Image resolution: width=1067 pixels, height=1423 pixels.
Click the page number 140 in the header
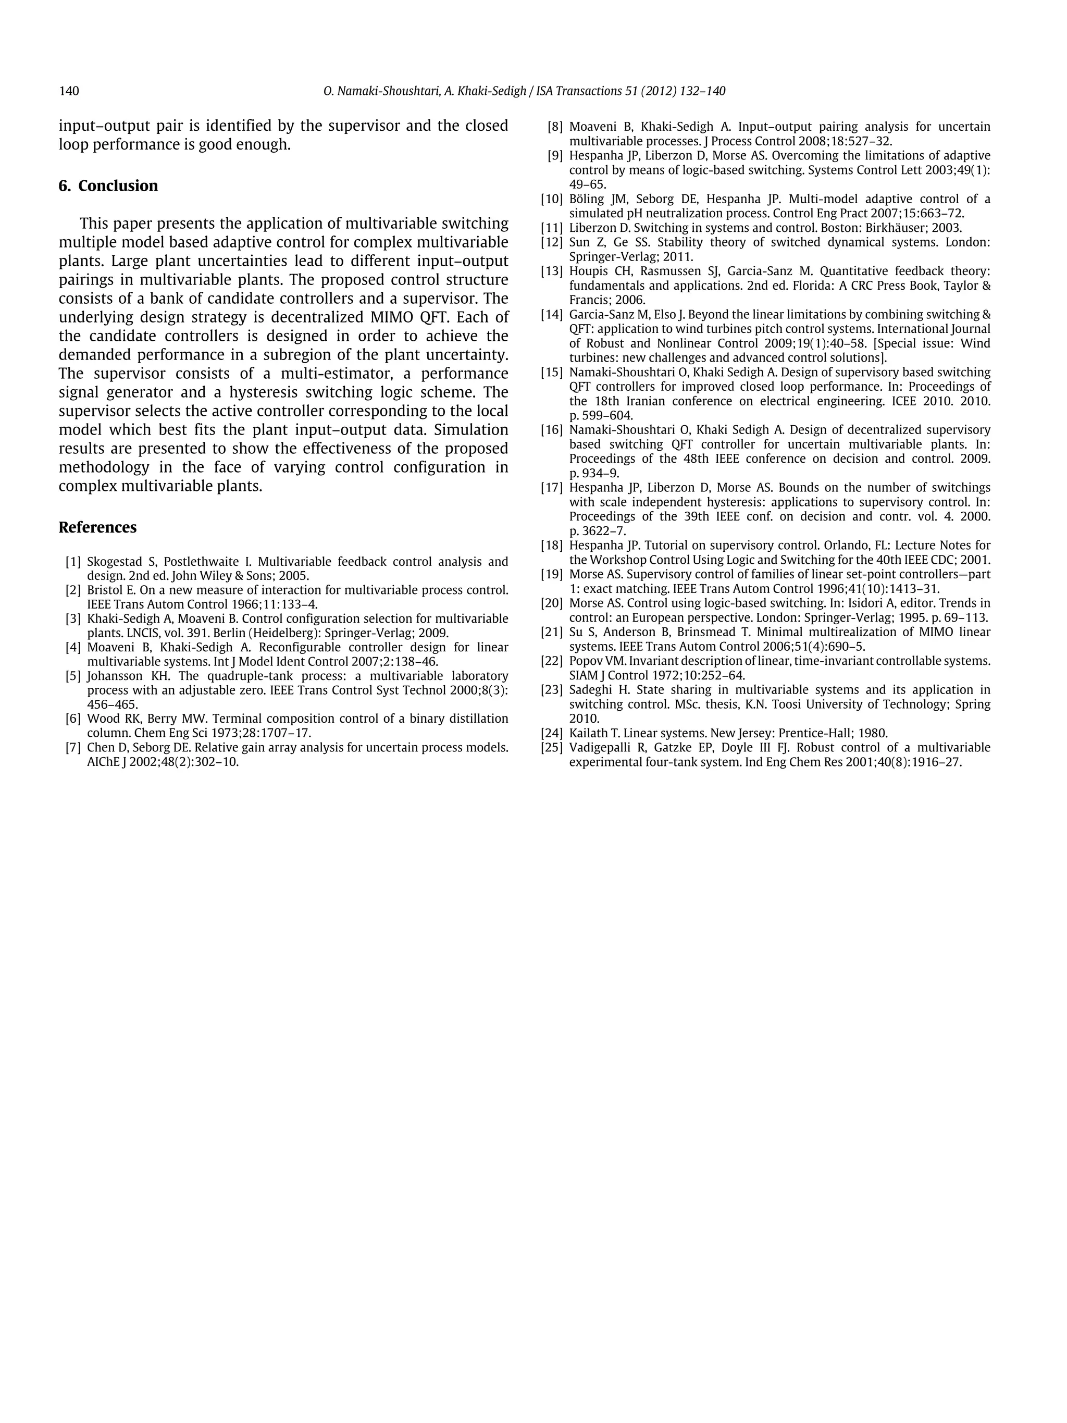pyautogui.click(x=69, y=91)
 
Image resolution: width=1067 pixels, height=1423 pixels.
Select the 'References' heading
pyautogui.click(x=98, y=527)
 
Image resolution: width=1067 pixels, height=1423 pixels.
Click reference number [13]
pyautogui.click(x=552, y=271)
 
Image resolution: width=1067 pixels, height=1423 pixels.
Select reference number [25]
pyautogui.click(x=552, y=748)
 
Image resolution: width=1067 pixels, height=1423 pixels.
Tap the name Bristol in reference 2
pyautogui.click(x=104, y=590)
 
